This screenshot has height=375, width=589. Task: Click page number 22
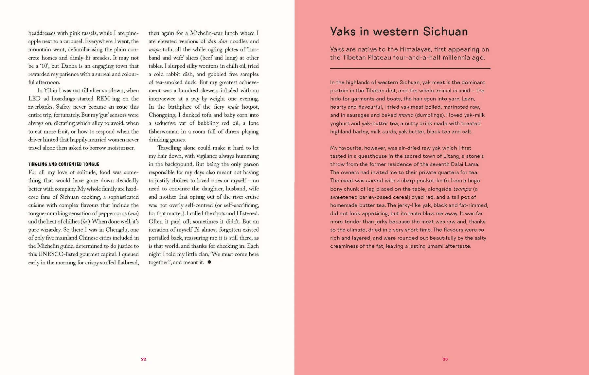pos(143,359)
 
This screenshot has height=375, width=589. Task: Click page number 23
pos(445,359)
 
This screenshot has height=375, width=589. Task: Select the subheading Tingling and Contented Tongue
pos(64,164)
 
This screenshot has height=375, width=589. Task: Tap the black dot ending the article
pos(209,262)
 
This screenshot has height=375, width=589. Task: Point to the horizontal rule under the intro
pos(410,68)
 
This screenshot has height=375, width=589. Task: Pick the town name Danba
pos(69,66)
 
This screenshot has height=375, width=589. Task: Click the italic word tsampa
pos(462,189)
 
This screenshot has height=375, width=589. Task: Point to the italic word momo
pos(406,115)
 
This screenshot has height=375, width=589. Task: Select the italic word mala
pos(233,107)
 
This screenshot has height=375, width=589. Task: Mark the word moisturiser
pos(118,148)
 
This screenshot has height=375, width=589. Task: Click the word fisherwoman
pos(164,132)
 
